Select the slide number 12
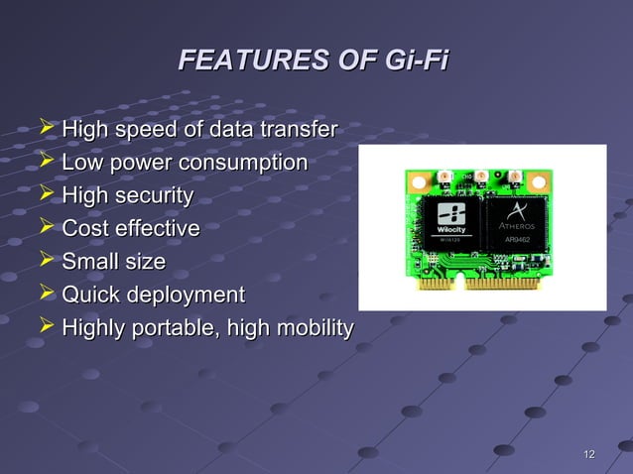pyautogui.click(x=588, y=454)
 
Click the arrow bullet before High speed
pyautogui.click(x=45, y=127)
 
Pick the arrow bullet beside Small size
pyautogui.click(x=45, y=261)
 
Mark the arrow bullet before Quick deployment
pyautogui.click(x=45, y=294)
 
